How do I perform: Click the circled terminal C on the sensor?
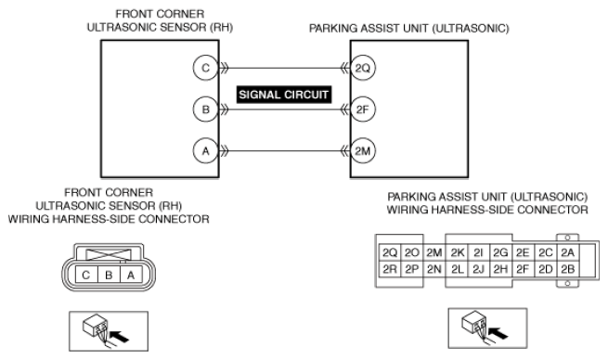click(x=205, y=69)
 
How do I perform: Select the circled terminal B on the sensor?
click(x=205, y=109)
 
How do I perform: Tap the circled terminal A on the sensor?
click(x=205, y=150)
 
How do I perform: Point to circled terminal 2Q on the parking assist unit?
click(x=363, y=69)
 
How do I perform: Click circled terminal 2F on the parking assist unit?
click(x=363, y=109)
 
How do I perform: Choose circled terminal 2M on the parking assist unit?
click(x=363, y=150)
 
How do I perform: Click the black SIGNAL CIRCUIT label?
click(x=284, y=95)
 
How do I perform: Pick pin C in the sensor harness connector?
click(x=86, y=276)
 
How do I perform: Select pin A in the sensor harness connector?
click(x=131, y=276)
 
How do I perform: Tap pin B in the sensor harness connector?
click(x=109, y=276)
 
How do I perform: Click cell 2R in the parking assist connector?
click(x=390, y=269)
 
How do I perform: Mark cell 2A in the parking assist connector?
click(x=568, y=252)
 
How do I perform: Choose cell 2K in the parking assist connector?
click(x=458, y=252)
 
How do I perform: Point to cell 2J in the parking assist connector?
click(x=479, y=269)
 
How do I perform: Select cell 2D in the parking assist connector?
click(x=546, y=269)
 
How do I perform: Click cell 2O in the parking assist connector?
click(x=412, y=252)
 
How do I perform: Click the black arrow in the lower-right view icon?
click(x=498, y=333)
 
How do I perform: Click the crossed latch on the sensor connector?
click(x=109, y=254)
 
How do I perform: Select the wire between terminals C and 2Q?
click(x=284, y=69)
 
